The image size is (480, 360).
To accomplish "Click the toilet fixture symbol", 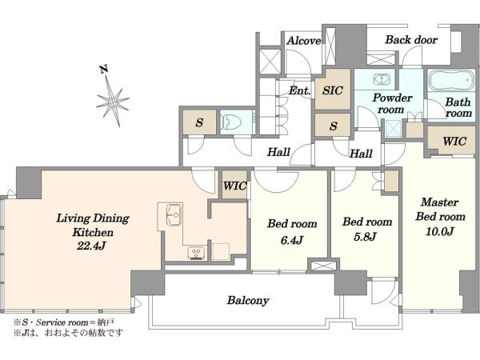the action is click(232, 122).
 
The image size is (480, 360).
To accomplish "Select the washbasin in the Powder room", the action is click(382, 79).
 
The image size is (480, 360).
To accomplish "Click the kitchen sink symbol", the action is click(174, 215).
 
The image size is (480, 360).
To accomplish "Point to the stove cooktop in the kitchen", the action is click(196, 253).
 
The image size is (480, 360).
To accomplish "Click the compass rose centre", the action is click(113, 102).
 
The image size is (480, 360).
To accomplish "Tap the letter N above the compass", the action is click(104, 70).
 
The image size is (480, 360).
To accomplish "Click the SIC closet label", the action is click(333, 90).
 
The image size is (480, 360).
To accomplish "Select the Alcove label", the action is click(303, 41).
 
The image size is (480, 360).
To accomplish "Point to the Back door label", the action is click(411, 40).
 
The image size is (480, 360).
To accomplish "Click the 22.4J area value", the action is click(91, 246).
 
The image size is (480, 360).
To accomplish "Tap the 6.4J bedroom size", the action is click(292, 240).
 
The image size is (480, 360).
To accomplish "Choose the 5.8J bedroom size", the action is click(365, 237).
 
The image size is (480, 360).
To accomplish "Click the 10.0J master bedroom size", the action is click(439, 231).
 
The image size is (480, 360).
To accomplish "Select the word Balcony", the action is click(248, 300).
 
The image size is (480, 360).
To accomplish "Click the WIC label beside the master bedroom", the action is click(454, 141).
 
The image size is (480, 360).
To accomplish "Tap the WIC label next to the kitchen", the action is click(234, 186).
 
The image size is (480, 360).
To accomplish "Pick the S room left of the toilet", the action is click(199, 122).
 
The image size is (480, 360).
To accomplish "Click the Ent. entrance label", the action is click(300, 90).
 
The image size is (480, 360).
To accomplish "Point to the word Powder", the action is click(392, 98).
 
